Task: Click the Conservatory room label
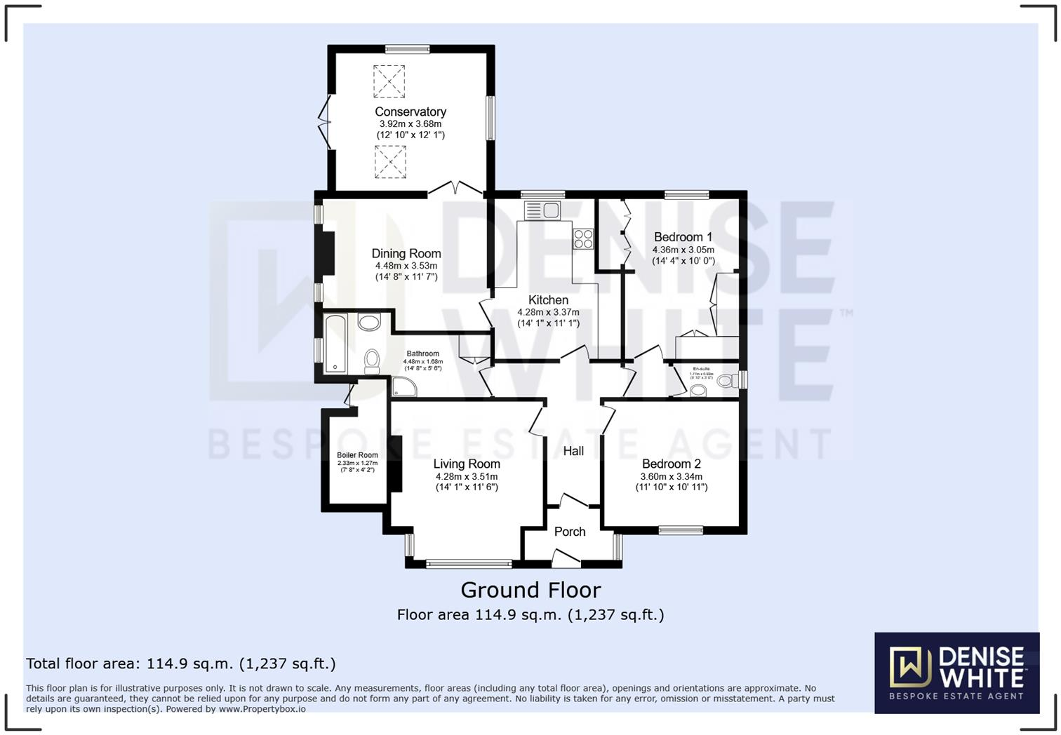coord(411,112)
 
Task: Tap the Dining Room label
coord(406,254)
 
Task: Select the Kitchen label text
coord(548,300)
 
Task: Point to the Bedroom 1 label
coord(683,237)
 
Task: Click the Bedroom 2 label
coord(671,464)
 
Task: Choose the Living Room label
coord(467,464)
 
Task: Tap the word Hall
coord(573,451)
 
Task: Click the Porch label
coord(570,532)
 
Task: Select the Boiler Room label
coord(357,455)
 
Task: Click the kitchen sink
coord(542,210)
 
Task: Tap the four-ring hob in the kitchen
coord(583,239)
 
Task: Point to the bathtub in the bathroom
coord(335,343)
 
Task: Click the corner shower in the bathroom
coord(402,386)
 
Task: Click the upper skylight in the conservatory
coord(389,81)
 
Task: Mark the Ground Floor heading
coord(530,590)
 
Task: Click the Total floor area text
coord(181,663)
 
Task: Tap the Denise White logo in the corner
coord(956,673)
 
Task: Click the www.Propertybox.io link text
coord(262,709)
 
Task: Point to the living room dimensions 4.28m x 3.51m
coord(467,477)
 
